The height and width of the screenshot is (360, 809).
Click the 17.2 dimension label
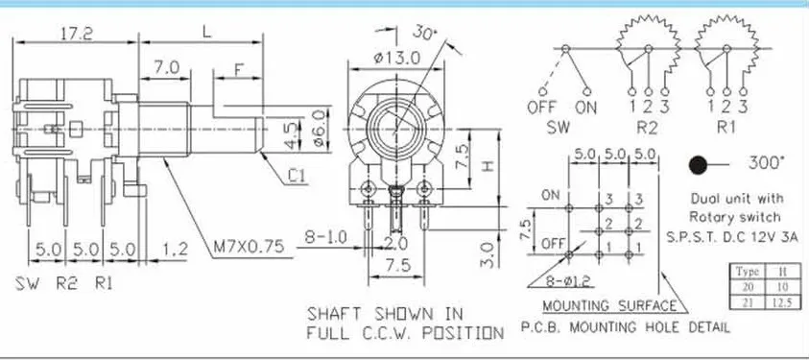(77, 34)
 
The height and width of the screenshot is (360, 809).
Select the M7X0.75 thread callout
(250, 247)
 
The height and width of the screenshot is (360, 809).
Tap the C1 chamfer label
(297, 177)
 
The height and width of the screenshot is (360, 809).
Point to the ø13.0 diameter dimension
(397, 58)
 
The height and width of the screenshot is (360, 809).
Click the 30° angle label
(424, 33)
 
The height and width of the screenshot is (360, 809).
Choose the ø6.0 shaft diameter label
(320, 128)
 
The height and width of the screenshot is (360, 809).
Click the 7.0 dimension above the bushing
(166, 67)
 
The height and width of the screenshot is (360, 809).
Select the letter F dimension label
(239, 68)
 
